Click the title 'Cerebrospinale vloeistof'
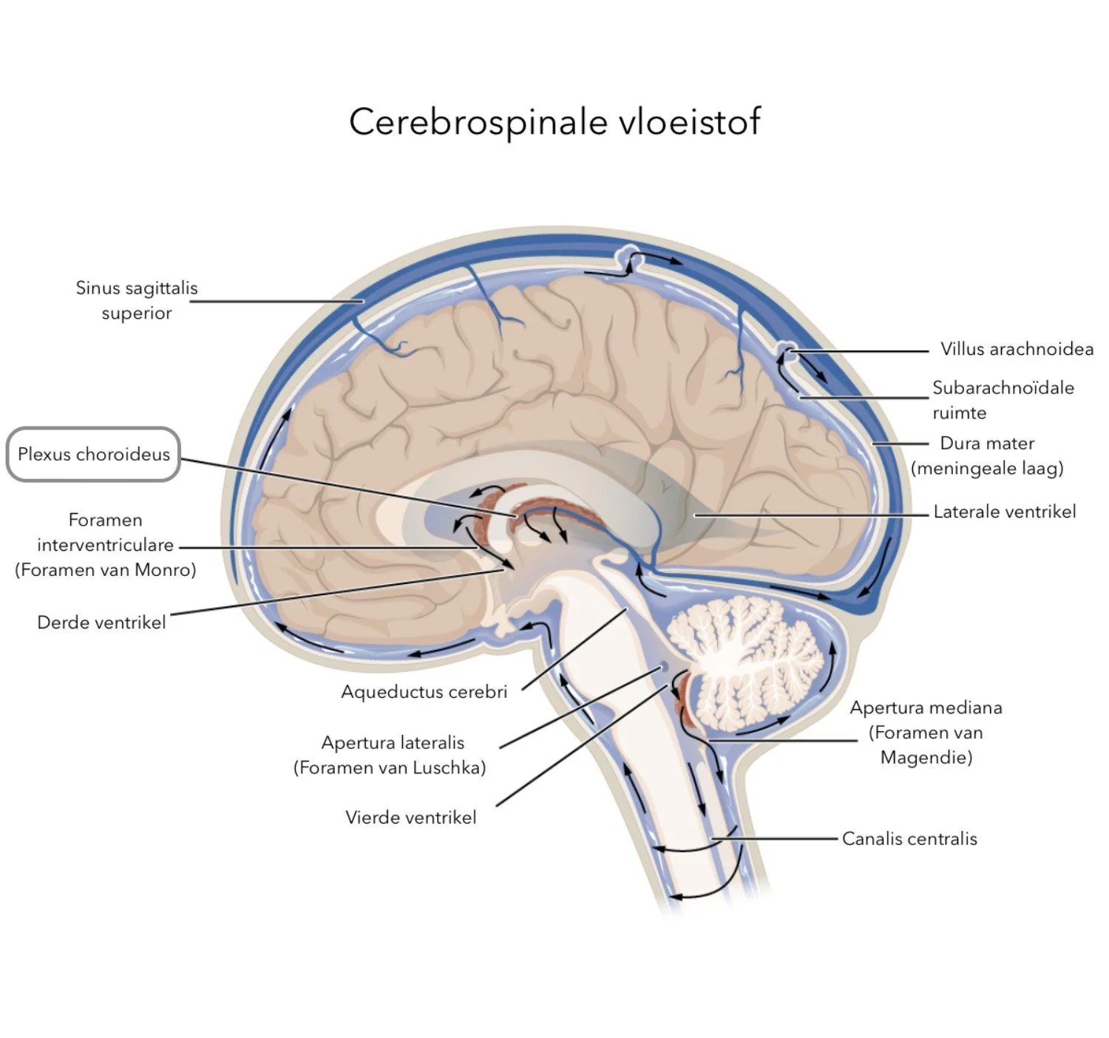click(554, 122)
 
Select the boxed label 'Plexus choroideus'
click(93, 454)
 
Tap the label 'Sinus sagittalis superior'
click(137, 300)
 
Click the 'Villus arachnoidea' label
click(1016, 349)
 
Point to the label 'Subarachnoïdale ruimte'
click(1002, 399)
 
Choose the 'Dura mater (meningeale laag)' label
click(987, 455)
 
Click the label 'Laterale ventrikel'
click(1004, 512)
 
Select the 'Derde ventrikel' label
click(101, 623)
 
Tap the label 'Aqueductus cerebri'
click(424, 692)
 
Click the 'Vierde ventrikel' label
click(410, 817)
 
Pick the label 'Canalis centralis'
click(909, 838)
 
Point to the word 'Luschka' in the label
click(450, 767)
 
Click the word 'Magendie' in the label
click(926, 757)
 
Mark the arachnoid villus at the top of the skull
click(629, 255)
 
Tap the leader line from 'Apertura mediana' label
click(784, 740)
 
